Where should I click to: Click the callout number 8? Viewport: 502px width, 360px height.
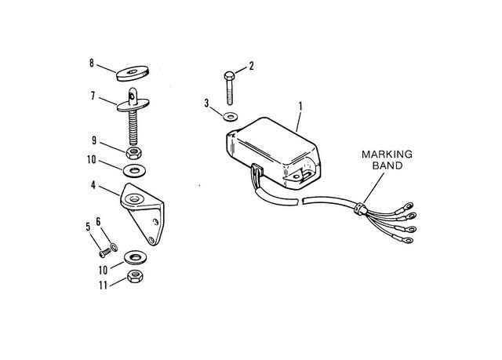(x=92, y=64)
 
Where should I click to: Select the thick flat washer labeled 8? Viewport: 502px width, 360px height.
(x=133, y=73)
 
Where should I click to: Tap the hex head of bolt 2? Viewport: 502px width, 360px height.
(x=229, y=76)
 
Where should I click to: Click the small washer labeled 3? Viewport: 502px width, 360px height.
(x=230, y=117)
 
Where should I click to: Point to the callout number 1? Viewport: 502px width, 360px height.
(x=300, y=106)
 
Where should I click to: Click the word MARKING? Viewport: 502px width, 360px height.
(x=387, y=155)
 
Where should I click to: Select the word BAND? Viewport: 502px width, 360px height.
(x=387, y=165)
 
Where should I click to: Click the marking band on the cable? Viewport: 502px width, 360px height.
(x=360, y=209)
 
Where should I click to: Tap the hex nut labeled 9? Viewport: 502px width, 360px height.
(x=134, y=153)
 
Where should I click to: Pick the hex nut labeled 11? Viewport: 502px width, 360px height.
(x=135, y=276)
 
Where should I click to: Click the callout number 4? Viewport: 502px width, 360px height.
(x=93, y=185)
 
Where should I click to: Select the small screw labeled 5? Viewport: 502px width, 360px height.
(x=105, y=253)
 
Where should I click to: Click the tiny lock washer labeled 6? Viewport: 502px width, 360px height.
(x=114, y=247)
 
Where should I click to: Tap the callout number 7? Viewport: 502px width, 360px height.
(x=93, y=96)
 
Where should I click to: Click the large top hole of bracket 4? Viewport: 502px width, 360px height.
(x=134, y=199)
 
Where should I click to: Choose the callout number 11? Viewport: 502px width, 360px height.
(x=103, y=285)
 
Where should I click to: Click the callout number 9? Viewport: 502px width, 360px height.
(x=94, y=141)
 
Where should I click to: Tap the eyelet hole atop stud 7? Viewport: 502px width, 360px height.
(x=132, y=95)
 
